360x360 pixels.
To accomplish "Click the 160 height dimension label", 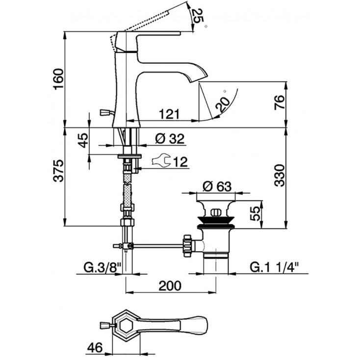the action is (x=58, y=79).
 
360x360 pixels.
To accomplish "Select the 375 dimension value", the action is (x=58, y=170).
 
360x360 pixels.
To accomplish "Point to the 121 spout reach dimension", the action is (x=170, y=114).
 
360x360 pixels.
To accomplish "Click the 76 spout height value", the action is (x=280, y=103).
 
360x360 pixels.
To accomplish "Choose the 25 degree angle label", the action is (x=198, y=16).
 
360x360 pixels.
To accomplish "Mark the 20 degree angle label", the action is (x=222, y=104).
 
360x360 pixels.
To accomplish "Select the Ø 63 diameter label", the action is (x=217, y=187).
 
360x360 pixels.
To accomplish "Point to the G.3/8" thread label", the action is (x=102, y=268).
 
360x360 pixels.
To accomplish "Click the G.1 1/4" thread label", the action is (x=274, y=268).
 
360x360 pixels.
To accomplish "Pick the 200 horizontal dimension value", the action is (x=170, y=286).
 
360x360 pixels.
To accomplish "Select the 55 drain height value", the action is (x=256, y=214).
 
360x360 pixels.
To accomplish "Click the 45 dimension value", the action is (x=83, y=140).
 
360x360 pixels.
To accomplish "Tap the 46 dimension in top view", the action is (x=95, y=348).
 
